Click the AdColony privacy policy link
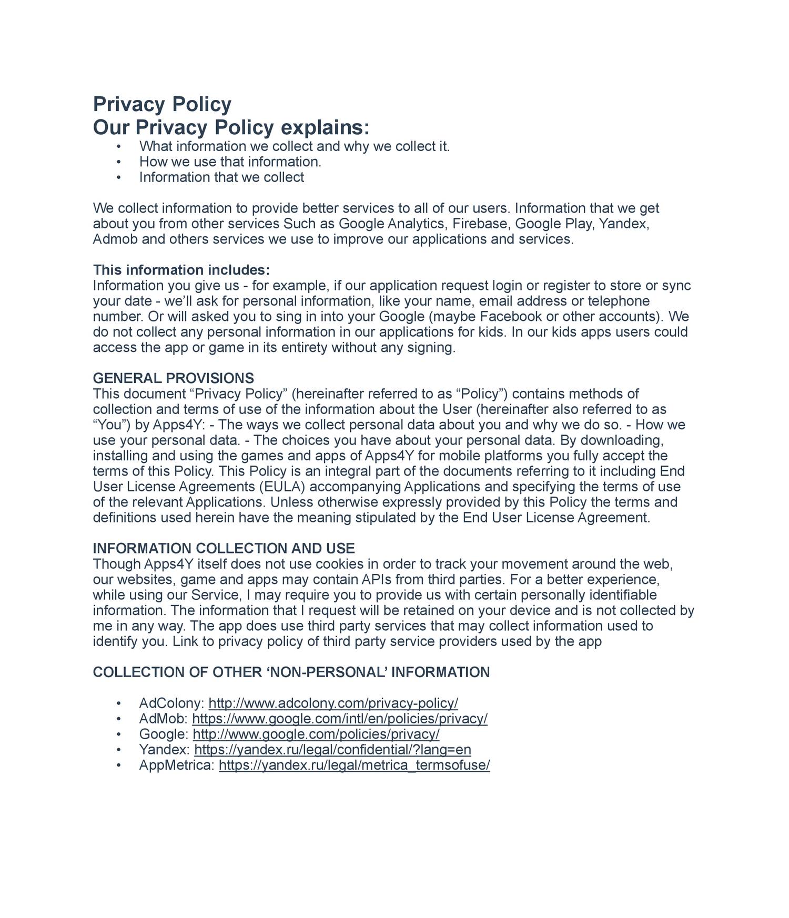coord(333,703)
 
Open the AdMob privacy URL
coord(340,719)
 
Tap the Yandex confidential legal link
coord(332,750)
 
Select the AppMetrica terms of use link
coord(354,765)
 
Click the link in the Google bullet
coord(316,734)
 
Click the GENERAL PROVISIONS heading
coord(173,378)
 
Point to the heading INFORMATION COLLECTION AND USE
coord(224,549)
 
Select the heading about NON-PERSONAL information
coord(291,672)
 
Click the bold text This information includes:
coord(181,270)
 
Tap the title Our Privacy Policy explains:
coord(231,128)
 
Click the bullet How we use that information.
coord(230,162)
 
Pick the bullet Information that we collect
coord(221,177)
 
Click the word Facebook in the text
coord(512,317)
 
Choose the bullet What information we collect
coord(294,146)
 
